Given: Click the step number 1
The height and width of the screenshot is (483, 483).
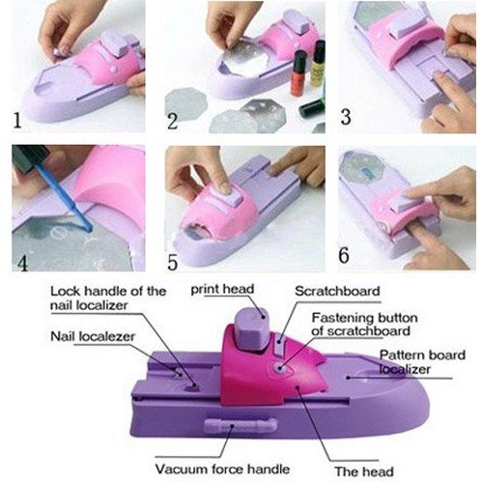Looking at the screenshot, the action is coord(17,120).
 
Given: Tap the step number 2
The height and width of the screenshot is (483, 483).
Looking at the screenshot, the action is coord(172,121).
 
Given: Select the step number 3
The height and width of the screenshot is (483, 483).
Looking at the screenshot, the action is coord(346,117).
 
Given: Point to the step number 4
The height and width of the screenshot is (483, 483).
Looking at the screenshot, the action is coord(23,263).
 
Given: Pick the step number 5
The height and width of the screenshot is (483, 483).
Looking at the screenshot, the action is coord(172,262).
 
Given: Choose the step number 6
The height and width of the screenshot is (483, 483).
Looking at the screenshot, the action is coord(344,255).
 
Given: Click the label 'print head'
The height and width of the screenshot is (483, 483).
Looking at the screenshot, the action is coord(222,289).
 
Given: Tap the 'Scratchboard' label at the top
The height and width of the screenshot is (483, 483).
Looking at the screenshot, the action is coord(337,291).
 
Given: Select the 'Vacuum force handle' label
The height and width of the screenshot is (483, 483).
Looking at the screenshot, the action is coord(222,469).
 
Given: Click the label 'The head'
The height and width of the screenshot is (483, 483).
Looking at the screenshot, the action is coord(364,471).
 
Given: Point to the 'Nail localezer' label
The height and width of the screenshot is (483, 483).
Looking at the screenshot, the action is coord(93,336).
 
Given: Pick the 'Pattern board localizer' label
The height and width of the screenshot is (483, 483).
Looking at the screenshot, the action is coord(422,362).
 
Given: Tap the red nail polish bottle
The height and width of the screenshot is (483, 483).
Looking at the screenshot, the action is coord(298,73).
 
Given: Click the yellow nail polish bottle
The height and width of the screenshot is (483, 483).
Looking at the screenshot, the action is coord(318,63).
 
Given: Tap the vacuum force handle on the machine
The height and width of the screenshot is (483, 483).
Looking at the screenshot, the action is coord(241,426).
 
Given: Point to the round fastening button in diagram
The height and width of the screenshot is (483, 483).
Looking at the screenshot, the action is coord(279,367).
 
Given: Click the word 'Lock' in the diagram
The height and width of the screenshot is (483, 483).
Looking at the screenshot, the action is coord(65,291).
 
